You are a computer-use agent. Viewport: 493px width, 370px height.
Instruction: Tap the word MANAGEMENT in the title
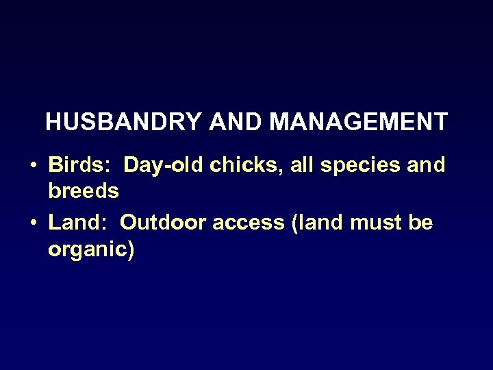(358, 123)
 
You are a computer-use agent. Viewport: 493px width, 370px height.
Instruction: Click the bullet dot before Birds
(32, 166)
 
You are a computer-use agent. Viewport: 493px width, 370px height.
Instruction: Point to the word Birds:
(80, 165)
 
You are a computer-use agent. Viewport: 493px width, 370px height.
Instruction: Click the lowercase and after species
(429, 165)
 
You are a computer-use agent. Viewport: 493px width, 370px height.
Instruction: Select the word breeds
(84, 191)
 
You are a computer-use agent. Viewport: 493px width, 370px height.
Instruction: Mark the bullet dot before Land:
(32, 223)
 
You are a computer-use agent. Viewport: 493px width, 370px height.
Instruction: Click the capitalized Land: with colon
(78, 223)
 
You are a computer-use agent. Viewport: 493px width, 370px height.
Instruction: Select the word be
(421, 223)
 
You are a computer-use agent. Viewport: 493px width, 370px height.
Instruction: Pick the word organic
(86, 250)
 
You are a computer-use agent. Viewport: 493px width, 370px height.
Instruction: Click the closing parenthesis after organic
(130, 250)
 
